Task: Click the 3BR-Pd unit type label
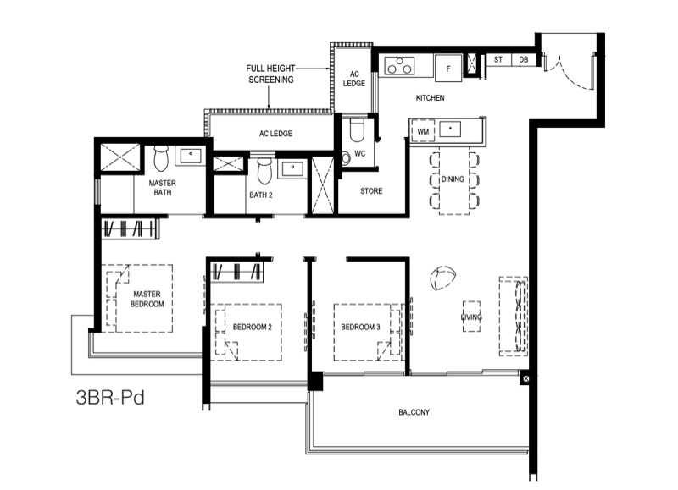click(x=110, y=397)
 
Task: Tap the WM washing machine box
click(x=423, y=131)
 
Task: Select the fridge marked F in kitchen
click(x=448, y=69)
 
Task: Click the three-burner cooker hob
click(x=399, y=66)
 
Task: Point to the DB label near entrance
click(x=523, y=60)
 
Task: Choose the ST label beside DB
click(x=498, y=60)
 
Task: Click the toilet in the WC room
click(x=357, y=130)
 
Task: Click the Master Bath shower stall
click(x=120, y=157)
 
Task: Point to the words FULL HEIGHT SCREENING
click(x=270, y=74)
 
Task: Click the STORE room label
click(x=371, y=190)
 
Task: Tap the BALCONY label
click(x=414, y=412)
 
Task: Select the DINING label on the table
click(x=453, y=179)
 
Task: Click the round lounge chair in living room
click(x=442, y=278)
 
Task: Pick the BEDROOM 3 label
click(x=360, y=327)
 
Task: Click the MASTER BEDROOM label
click(x=147, y=299)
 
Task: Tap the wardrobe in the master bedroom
click(x=129, y=228)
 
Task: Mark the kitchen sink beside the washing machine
click(x=450, y=129)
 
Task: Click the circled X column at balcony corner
click(x=525, y=378)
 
